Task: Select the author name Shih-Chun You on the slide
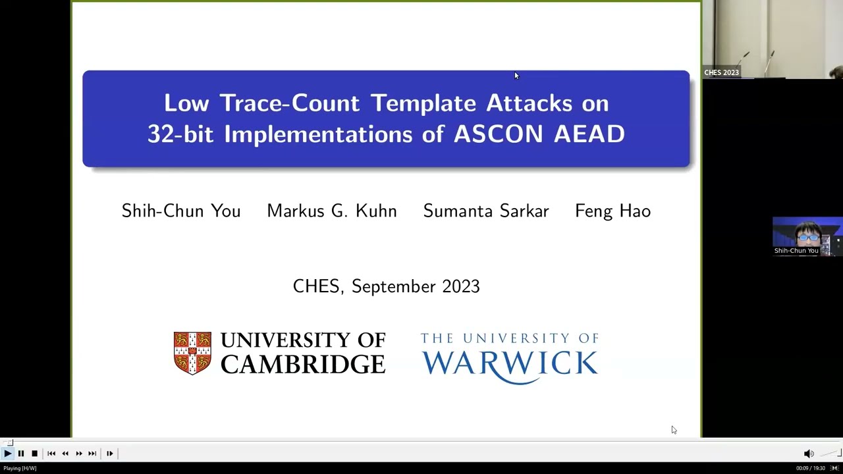181,211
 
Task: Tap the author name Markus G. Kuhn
331,211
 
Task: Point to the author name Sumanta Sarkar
485,211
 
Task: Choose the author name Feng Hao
612,211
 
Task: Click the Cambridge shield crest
192,353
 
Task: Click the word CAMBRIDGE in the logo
302,364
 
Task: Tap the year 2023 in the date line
460,286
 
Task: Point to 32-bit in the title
181,134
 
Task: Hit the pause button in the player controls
21,453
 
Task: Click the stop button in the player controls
34,453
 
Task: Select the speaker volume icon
809,453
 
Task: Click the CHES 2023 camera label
721,72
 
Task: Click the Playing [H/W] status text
20,468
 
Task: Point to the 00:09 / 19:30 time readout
810,468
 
